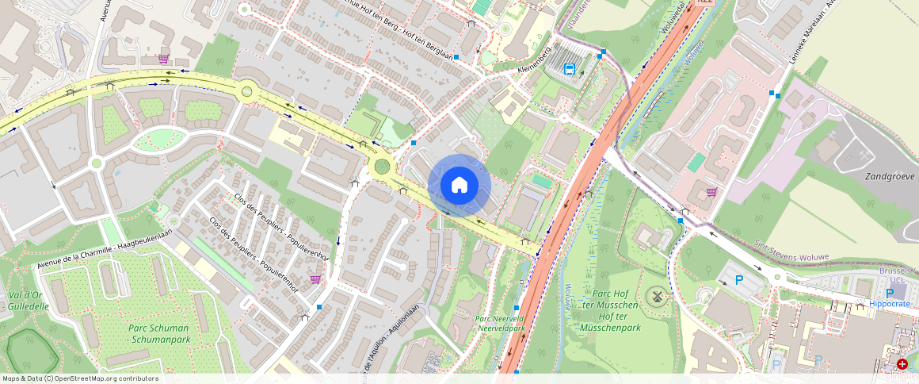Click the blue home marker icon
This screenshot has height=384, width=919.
459,185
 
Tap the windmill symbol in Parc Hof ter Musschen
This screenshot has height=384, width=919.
655,297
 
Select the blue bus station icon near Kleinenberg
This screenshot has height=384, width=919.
569,69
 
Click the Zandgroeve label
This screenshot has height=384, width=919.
890,176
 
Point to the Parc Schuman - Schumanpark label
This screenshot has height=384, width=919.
159,334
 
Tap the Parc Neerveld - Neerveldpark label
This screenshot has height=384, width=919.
500,323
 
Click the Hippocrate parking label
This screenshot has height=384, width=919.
890,305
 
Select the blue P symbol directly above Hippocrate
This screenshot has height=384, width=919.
890,293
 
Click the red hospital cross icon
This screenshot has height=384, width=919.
902,364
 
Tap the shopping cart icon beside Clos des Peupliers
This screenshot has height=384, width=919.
316,278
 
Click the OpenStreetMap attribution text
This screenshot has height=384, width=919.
80,378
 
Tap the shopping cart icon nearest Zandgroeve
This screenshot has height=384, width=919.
711,191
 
